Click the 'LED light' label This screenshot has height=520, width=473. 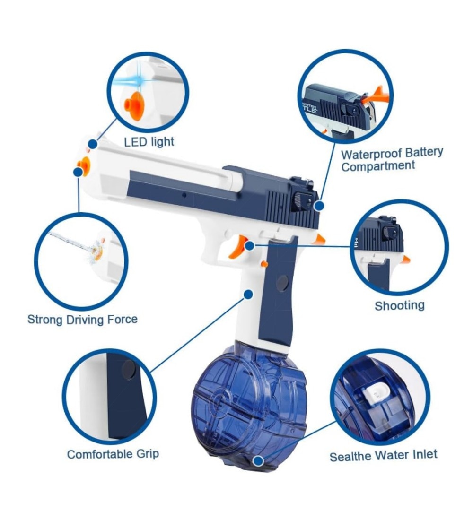tap(149, 142)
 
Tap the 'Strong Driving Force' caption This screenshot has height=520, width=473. tap(82, 320)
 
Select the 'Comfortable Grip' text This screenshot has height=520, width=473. tap(113, 454)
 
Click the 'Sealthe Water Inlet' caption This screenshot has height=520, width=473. tap(384, 455)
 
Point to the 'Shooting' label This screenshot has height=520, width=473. tap(400, 305)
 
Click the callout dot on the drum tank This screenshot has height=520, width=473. tap(258, 460)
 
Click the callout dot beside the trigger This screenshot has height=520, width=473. tap(249, 246)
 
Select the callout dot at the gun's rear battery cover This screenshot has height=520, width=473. tap(319, 206)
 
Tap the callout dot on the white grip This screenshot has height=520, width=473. tap(248, 294)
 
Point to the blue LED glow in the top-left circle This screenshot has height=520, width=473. tap(136, 80)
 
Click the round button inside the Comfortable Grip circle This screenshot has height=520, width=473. tap(129, 370)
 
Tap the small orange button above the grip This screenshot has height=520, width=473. tap(264, 264)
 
